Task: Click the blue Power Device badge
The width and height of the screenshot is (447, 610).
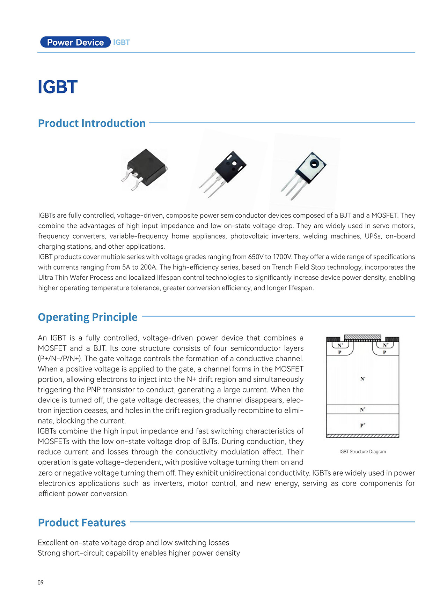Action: point(75,42)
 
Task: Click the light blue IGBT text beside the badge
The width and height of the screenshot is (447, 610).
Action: point(122,42)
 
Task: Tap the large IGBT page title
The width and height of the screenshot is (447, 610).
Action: point(58,87)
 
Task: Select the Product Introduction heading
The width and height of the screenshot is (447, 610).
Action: point(91,123)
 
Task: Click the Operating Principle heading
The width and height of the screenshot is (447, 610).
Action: point(87,317)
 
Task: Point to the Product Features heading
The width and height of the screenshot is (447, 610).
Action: point(82,522)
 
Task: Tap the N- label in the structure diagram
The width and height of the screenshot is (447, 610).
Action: point(362,378)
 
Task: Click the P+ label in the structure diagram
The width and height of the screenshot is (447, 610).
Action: point(362,425)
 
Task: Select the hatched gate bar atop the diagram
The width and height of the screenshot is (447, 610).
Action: point(362,338)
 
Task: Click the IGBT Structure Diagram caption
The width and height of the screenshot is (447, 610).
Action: point(362,452)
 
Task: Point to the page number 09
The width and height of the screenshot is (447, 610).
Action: point(41,582)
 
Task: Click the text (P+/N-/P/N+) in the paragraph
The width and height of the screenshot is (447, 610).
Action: point(60,359)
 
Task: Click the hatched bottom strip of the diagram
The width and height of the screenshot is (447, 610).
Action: point(362,436)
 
